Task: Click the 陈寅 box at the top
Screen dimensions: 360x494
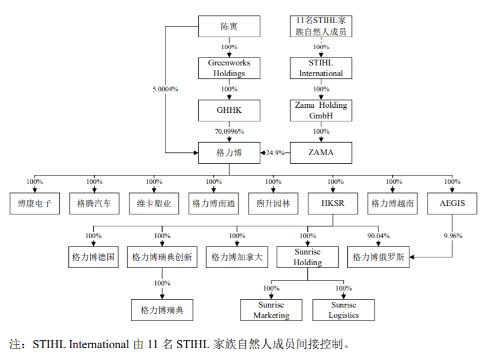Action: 229,26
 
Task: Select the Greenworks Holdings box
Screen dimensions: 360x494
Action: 229,68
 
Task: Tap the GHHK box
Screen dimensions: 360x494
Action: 229,111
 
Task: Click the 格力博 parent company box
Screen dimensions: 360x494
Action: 229,152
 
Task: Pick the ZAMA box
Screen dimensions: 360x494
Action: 321,152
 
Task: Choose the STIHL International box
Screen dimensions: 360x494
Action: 321,68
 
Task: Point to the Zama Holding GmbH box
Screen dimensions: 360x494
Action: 321,111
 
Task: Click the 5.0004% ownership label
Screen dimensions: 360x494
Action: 165,89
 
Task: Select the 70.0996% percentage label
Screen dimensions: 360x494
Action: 229,131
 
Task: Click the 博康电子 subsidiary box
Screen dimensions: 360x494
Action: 34,203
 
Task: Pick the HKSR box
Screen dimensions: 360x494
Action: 333,203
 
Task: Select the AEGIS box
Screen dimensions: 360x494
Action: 452,203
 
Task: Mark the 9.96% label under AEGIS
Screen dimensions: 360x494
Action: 452,236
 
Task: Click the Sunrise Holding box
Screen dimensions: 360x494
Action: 308,257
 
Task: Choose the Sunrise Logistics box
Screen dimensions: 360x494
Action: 343,310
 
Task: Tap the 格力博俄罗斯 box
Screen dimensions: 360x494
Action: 378,257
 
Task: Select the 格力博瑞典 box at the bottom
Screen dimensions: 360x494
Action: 162,310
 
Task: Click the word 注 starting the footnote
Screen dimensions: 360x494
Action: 15,344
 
